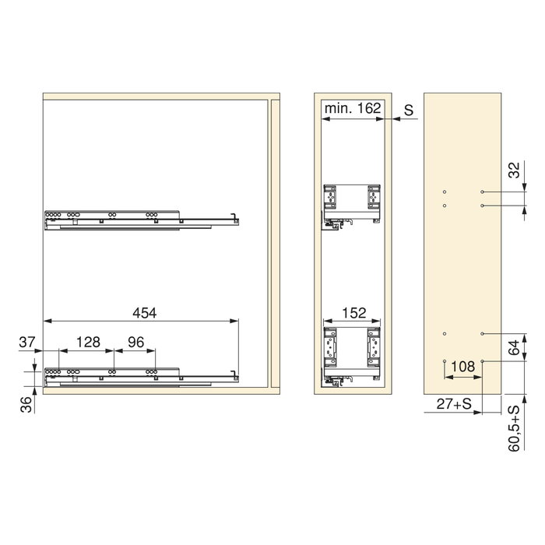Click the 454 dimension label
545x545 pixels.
(145, 313)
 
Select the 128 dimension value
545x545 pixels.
(88, 342)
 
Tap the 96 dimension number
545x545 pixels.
(135, 342)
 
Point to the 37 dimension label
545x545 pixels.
(27, 342)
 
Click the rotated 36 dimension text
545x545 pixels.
(26, 405)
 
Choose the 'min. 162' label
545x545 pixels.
(353, 108)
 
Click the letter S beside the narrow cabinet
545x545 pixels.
(409, 111)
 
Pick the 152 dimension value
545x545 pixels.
(354, 313)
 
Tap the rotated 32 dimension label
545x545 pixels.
(515, 170)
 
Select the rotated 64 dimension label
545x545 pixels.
(515, 347)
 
